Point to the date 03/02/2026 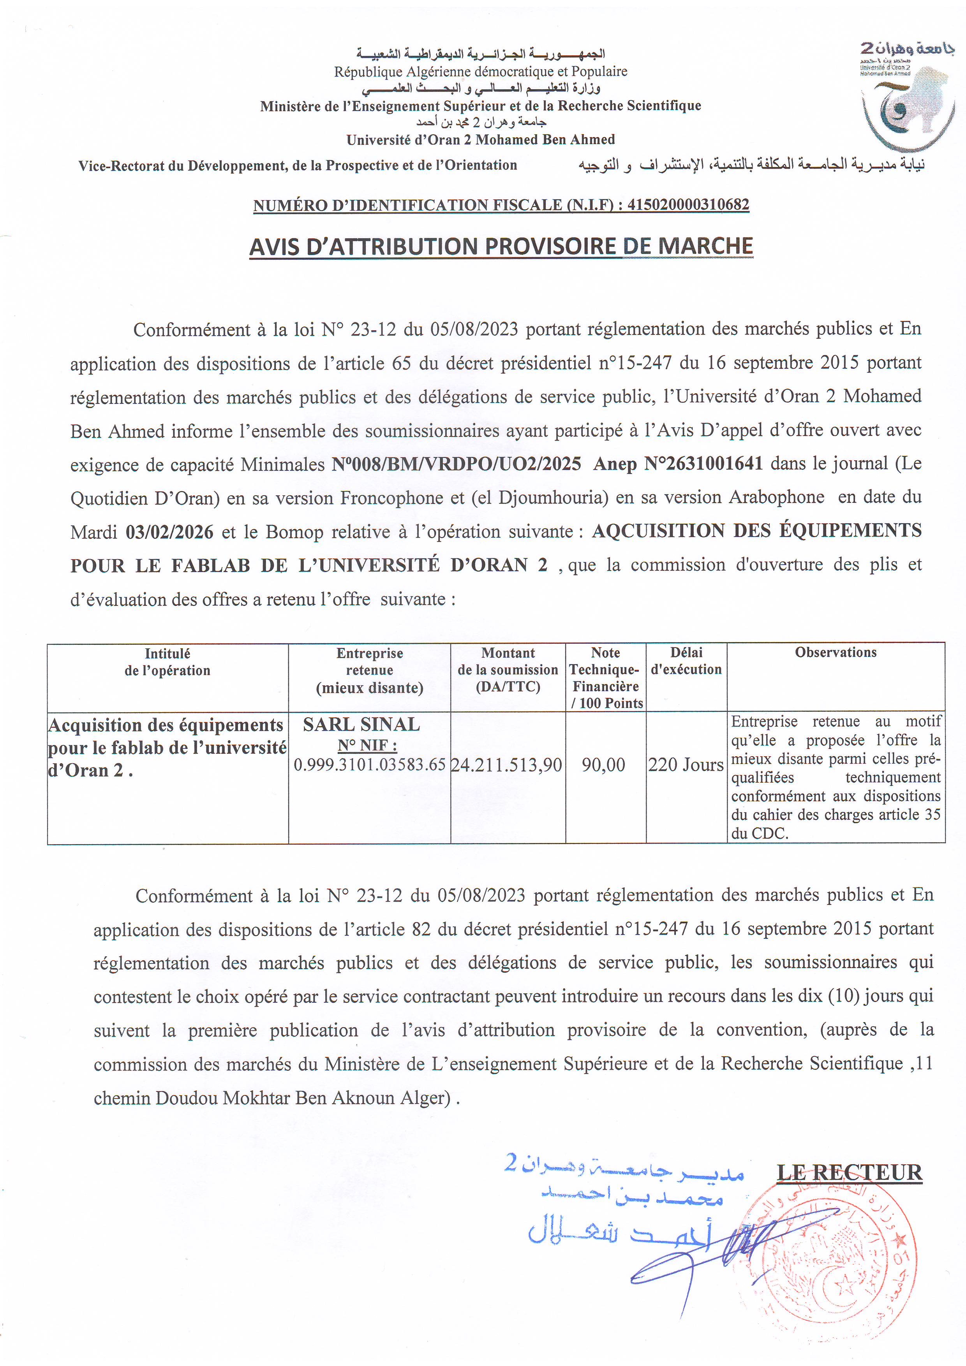pyautogui.click(x=169, y=531)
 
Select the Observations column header pyautogui.click(x=835, y=652)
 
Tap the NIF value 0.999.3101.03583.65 pyautogui.click(x=370, y=764)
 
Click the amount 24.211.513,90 pyautogui.click(x=506, y=765)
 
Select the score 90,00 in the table pyautogui.click(x=603, y=765)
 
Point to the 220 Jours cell pyautogui.click(x=686, y=765)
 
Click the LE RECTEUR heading pyautogui.click(x=850, y=1172)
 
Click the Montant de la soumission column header pyautogui.click(x=508, y=669)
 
